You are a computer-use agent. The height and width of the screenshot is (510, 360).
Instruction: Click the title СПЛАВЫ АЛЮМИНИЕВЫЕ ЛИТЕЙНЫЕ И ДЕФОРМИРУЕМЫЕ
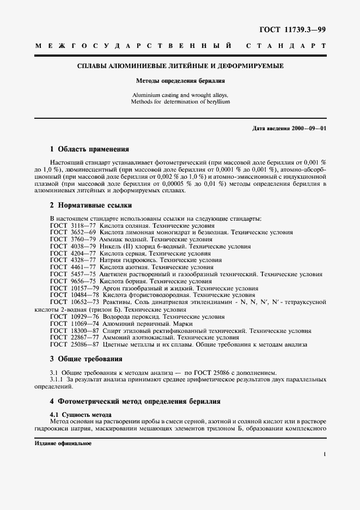pos(180,66)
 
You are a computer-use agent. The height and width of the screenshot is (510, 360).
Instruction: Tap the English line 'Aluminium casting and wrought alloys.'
pos(180,95)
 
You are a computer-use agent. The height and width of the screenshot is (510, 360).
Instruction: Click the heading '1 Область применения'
pos(89,149)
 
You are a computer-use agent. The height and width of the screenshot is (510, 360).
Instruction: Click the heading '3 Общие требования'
pos(86,359)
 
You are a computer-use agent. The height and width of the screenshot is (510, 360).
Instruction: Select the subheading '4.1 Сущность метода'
pos(81,415)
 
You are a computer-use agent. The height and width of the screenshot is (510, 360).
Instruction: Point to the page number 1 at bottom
pos(324,453)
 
